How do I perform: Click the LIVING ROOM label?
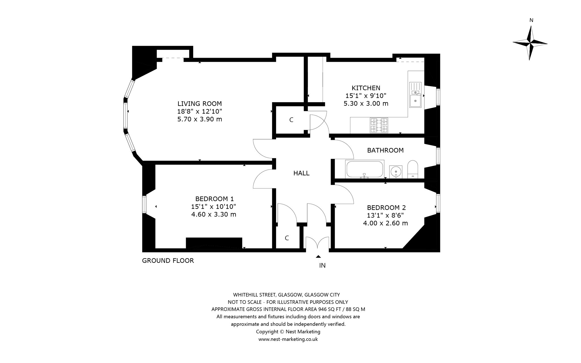(200, 104)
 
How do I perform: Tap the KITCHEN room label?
(366, 88)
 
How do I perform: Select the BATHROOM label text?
(385, 150)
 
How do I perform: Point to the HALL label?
(301, 173)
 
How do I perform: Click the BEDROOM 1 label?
(214, 199)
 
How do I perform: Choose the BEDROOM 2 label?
(386, 208)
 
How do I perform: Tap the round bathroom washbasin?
(395, 171)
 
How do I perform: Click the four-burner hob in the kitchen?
(379, 125)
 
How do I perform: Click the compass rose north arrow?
(530, 43)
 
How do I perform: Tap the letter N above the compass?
(531, 20)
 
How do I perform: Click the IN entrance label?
(322, 265)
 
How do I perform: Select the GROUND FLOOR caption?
(168, 261)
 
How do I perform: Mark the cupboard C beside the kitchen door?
(291, 120)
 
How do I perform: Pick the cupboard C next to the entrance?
(287, 238)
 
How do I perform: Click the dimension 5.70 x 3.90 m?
(200, 119)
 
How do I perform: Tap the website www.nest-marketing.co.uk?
(288, 339)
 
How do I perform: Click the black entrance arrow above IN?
(318, 257)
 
